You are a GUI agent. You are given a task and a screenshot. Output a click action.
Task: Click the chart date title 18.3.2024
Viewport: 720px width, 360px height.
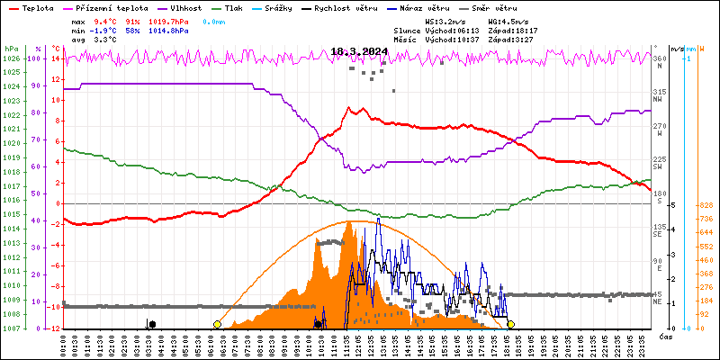click(359, 51)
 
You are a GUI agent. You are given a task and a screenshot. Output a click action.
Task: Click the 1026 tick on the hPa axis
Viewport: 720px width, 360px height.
click(11, 59)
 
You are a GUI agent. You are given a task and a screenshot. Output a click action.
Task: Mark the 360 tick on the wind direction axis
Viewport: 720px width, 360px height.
click(660, 59)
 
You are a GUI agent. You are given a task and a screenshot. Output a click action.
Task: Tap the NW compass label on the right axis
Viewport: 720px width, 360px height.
click(659, 100)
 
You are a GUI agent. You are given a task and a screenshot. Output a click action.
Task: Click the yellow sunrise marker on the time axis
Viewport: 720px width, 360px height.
click(217, 324)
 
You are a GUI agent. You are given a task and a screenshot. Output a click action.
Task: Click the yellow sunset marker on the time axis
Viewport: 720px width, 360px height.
click(511, 324)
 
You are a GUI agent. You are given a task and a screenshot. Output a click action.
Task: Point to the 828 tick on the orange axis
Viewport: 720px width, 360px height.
click(706, 205)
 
